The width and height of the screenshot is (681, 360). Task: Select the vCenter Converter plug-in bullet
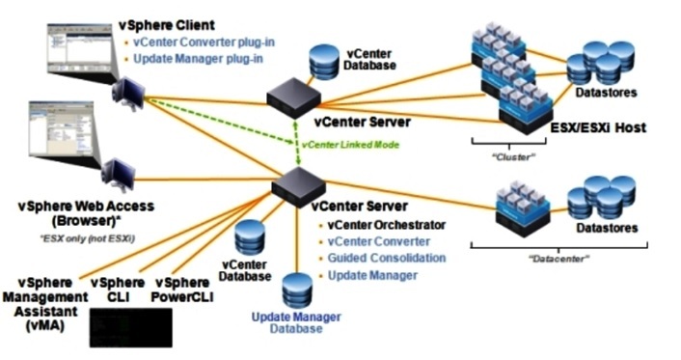(198, 42)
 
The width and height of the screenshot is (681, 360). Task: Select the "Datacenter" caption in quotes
(562, 258)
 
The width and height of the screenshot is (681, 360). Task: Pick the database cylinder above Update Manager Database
(298, 290)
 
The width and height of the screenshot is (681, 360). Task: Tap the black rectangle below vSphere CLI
(130, 328)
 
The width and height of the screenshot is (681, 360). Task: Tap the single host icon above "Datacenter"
(522, 209)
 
